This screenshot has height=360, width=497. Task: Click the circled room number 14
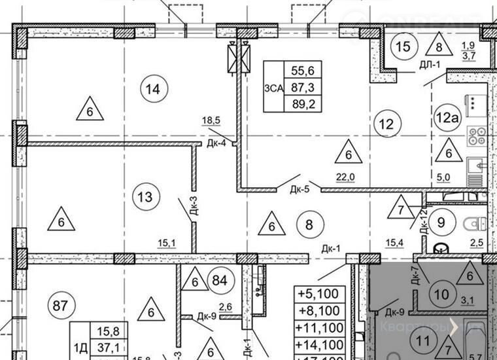coord(153,88)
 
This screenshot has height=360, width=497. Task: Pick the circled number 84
coord(220,281)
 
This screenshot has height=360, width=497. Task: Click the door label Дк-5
coord(300,189)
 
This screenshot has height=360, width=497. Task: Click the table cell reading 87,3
coord(302,86)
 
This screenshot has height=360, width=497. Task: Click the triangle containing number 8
coord(438,46)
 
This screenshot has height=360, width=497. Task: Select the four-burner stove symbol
coord(475,136)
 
